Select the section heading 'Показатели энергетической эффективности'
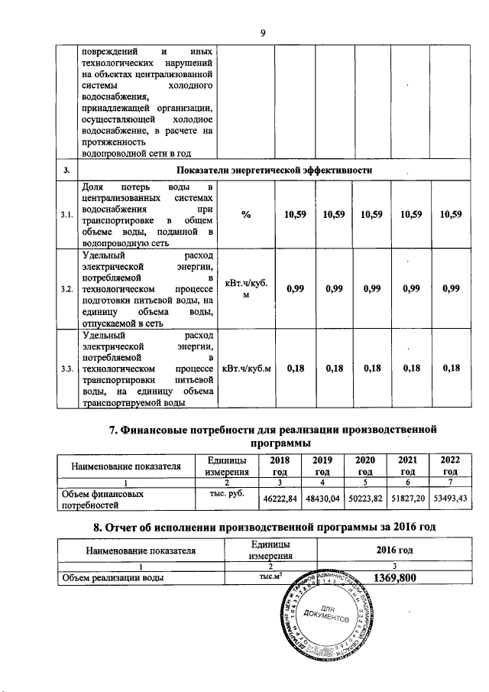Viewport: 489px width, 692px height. point(274,170)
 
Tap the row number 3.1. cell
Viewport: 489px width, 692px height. point(67,215)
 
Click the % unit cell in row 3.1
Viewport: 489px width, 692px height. point(246,215)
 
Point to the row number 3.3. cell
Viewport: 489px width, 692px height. point(67,369)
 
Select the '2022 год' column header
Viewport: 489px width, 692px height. point(451,466)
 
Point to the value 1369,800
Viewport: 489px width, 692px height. point(394,578)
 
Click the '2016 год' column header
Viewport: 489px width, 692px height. point(394,550)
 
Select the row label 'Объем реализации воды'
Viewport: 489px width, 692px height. point(113,578)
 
